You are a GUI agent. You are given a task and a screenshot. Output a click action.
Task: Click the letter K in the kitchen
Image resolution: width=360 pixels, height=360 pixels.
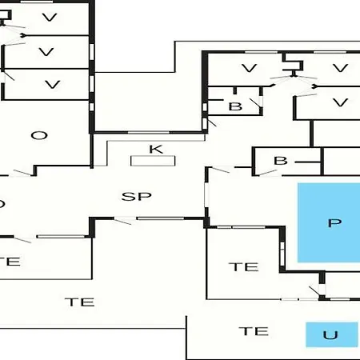pyautogui.click(x=156, y=149)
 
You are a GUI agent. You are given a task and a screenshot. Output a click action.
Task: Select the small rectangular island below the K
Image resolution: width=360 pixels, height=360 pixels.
pyautogui.click(x=153, y=161)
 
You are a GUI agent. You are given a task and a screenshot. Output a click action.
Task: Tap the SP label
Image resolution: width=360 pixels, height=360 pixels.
pyautogui.click(x=136, y=197)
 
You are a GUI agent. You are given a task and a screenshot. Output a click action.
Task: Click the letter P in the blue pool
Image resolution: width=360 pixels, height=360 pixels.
pyautogui.click(x=334, y=223)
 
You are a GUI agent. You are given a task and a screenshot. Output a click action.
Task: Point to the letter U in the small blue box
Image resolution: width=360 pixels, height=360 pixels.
pyautogui.click(x=330, y=335)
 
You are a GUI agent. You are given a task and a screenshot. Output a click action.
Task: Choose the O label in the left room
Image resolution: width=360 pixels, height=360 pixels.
pyautogui.click(x=39, y=135)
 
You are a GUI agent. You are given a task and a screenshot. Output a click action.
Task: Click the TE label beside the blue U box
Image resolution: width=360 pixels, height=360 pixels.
pyautogui.click(x=254, y=331)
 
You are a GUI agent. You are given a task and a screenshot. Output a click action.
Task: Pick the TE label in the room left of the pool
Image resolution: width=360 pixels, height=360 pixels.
pyautogui.click(x=244, y=267)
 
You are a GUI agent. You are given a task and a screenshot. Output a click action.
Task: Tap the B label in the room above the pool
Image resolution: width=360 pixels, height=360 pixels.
pyautogui.click(x=281, y=161)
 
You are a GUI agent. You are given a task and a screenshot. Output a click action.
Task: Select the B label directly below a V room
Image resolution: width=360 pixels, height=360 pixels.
pyautogui.click(x=235, y=106)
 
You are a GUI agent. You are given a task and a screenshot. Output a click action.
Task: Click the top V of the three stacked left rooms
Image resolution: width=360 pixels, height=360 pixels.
pyautogui.click(x=50, y=18)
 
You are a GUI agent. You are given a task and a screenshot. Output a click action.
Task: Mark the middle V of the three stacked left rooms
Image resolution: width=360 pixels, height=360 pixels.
pyautogui.click(x=46, y=52)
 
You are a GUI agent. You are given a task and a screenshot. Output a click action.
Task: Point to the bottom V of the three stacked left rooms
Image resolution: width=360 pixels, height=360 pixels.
pyautogui.click(x=53, y=85)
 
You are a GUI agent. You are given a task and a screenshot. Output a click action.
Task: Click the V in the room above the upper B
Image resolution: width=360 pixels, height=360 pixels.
pyautogui.click(x=250, y=68)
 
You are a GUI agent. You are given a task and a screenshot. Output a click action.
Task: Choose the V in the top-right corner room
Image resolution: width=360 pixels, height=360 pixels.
pyautogui.click(x=341, y=68)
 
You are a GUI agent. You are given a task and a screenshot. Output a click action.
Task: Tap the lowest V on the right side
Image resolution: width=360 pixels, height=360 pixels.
pyautogui.click(x=341, y=102)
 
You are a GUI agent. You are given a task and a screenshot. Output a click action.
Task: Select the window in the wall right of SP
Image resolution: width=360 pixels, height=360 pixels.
pyautogui.click(x=206, y=194)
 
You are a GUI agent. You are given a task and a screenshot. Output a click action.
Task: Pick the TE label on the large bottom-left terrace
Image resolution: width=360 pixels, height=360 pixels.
pyautogui.click(x=80, y=302)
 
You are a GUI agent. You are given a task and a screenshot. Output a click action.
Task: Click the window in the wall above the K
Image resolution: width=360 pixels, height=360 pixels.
pyautogui.click(x=149, y=132)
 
